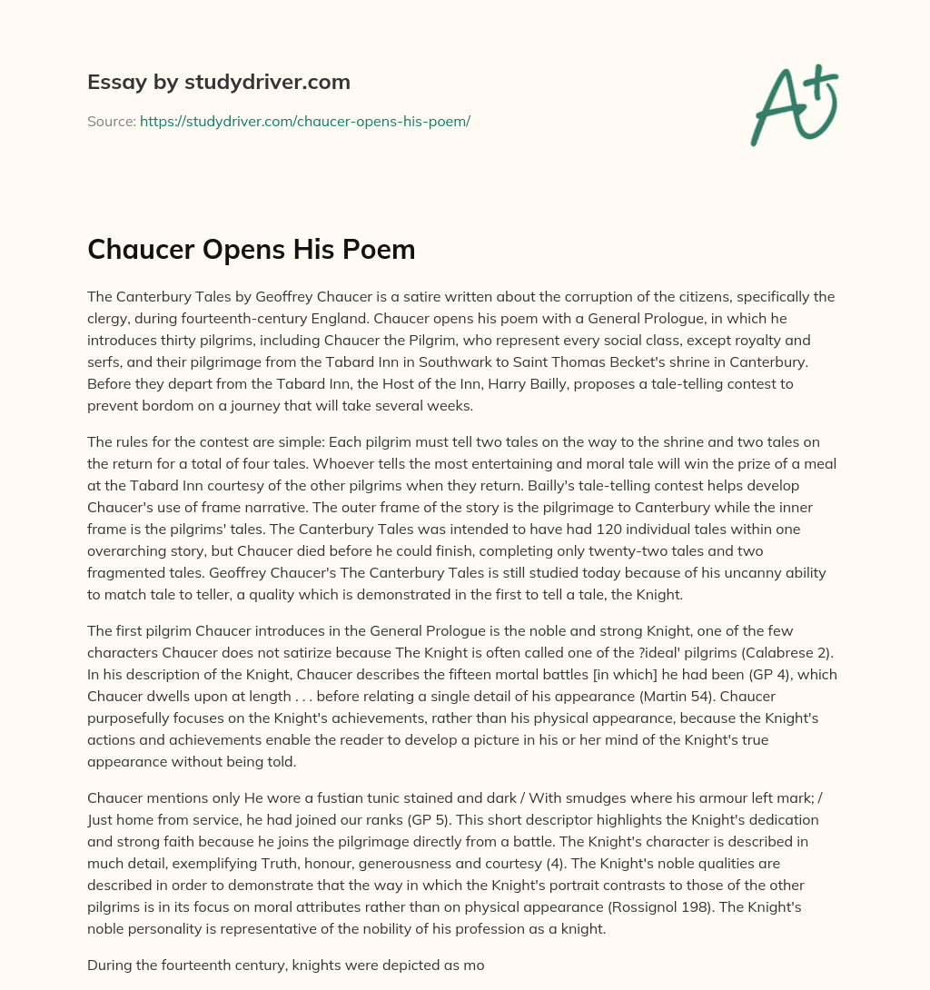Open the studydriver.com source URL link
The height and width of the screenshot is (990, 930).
tap(304, 121)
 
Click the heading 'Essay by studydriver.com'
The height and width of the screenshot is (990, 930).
tap(218, 83)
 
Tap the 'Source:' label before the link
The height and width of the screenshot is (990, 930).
tap(112, 121)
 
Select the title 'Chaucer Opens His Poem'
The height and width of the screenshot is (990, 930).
tap(252, 250)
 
